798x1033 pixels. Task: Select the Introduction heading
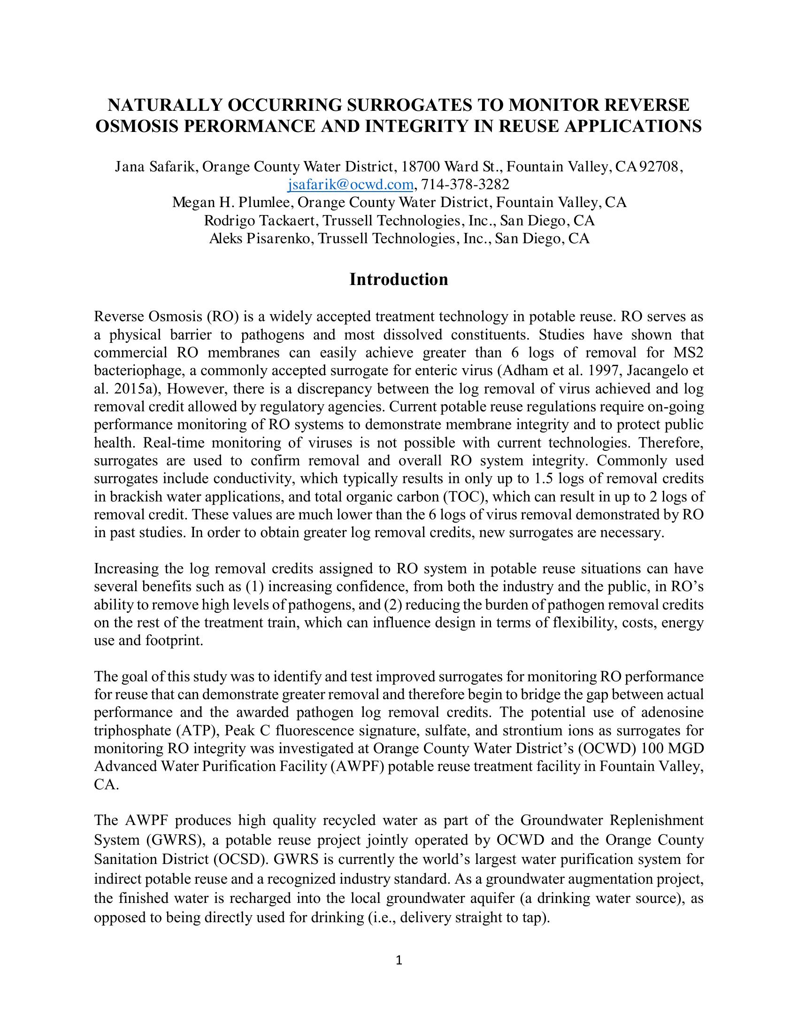tap(399, 279)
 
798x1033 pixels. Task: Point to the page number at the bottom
tap(399, 961)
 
